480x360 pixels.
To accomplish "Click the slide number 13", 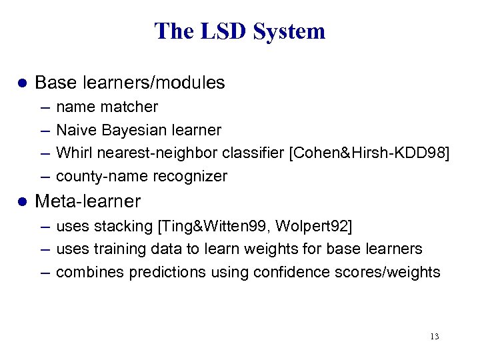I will click(435, 337).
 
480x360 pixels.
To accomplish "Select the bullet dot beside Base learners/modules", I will click(21, 83).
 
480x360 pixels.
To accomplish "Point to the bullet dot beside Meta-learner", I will click(21, 201).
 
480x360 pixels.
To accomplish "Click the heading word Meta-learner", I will click(87, 201).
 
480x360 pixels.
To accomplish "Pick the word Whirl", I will click(75, 153).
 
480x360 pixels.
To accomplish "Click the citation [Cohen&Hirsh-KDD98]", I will click(369, 153).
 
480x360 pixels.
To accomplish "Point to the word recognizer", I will click(190, 176).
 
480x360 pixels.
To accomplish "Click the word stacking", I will click(124, 226).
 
